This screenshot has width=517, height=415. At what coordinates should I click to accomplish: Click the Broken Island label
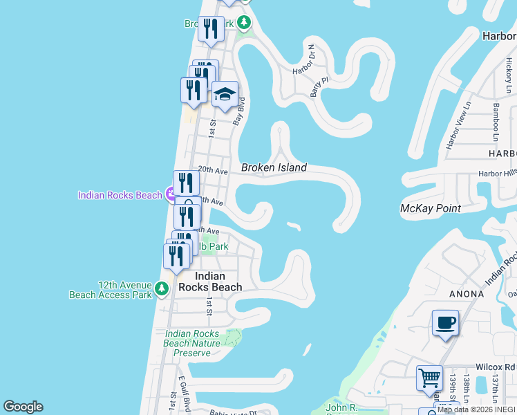(274, 167)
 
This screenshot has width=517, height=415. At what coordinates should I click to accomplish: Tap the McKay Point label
(431, 208)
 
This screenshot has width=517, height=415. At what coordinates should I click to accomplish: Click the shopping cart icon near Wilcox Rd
(429, 378)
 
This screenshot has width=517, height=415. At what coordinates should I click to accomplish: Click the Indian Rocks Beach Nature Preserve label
(192, 343)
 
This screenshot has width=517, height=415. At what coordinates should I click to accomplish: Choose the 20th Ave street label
(213, 169)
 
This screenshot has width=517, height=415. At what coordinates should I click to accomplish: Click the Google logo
(23, 407)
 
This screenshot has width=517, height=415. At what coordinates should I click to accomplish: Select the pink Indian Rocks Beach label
(120, 195)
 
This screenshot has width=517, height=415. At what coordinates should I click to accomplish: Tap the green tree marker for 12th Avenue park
(162, 288)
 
